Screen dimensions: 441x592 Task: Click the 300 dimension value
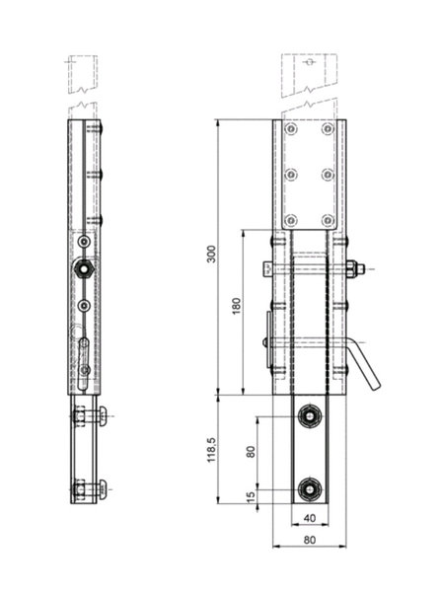point(212,255)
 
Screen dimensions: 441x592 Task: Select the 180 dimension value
point(236,306)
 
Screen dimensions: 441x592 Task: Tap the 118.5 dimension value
point(211,450)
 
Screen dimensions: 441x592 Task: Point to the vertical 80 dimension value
point(251,452)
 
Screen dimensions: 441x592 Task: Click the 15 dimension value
point(251,497)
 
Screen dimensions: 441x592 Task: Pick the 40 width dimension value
point(310,518)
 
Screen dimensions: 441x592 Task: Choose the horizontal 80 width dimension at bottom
point(310,541)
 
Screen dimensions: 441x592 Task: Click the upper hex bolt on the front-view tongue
point(310,416)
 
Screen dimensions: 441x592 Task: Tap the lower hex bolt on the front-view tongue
point(310,489)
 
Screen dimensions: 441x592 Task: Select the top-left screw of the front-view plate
point(291,129)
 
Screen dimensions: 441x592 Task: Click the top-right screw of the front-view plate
point(328,129)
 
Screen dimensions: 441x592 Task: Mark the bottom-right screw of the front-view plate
point(328,220)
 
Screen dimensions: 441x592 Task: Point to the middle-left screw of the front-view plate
point(291,175)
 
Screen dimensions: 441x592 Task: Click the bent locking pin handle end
point(376,386)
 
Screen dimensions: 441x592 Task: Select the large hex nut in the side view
point(85,269)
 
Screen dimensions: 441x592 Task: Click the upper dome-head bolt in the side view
point(103,416)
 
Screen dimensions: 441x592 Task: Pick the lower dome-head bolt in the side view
point(103,489)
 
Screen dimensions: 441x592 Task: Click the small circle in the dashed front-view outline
point(310,62)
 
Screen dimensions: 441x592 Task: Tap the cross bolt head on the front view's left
point(266,269)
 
